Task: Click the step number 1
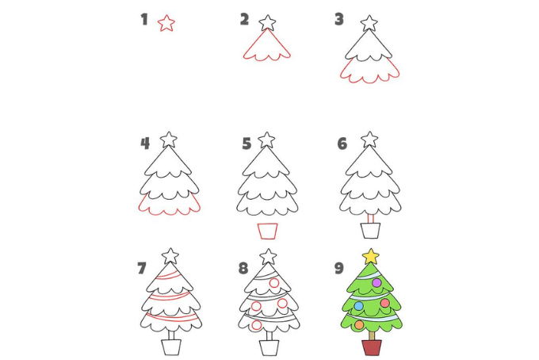point(144,19)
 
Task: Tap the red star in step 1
point(166,23)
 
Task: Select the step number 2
point(244,19)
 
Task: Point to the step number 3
point(339,19)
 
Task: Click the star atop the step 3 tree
point(369,23)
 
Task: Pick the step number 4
point(145,144)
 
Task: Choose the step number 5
point(247,144)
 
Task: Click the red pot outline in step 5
point(268,231)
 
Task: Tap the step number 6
point(342,144)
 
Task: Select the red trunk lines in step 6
point(371,219)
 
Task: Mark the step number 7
point(142,268)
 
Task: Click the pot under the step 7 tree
point(171,347)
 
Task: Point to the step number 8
point(243,268)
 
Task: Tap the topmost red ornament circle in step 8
point(274,283)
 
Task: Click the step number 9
point(339,268)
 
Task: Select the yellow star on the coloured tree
point(371,256)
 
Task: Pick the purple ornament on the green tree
point(377,282)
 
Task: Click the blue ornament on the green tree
point(358,305)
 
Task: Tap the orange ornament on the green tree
point(359,324)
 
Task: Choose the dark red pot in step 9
point(372,347)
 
